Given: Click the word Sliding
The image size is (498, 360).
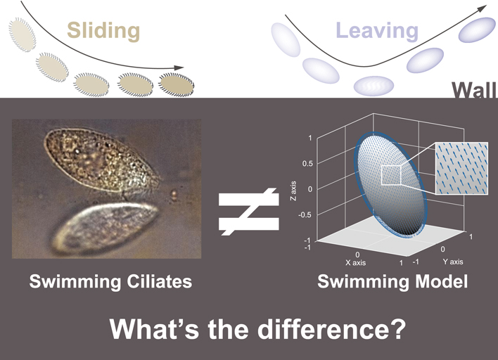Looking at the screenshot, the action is coord(103,31).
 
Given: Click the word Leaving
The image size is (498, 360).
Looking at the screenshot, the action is coord(377,30).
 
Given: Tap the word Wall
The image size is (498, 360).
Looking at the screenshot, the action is coord(474,90).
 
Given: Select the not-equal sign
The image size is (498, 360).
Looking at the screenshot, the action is coord(249,212).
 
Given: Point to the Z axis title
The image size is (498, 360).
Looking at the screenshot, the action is coord(293,191).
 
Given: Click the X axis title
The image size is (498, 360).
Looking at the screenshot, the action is coord(356,263).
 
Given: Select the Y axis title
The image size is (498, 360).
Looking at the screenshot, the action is coord(453,262).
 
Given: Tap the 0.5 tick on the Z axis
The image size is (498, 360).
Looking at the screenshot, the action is coord(307,164).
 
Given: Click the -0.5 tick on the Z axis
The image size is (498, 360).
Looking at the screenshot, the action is coord(306,215).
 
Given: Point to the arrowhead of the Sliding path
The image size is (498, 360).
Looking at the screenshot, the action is coord(179,67).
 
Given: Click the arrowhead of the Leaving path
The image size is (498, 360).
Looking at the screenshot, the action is coord(482,9).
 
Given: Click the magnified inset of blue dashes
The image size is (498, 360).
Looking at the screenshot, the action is coord(462,168).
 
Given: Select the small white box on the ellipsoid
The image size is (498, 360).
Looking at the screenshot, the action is coord(391,175).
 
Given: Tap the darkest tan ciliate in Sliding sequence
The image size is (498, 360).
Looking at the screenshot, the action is coord(177,85).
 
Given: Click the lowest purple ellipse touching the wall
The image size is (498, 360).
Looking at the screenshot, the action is coord(373,86).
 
